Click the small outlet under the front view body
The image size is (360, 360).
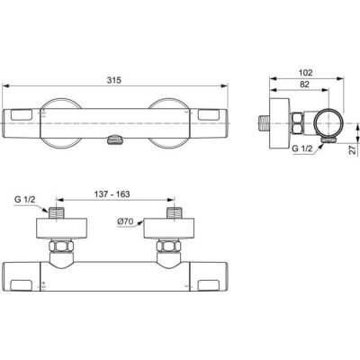tap(114, 138)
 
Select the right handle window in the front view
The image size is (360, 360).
tap(208, 114)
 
